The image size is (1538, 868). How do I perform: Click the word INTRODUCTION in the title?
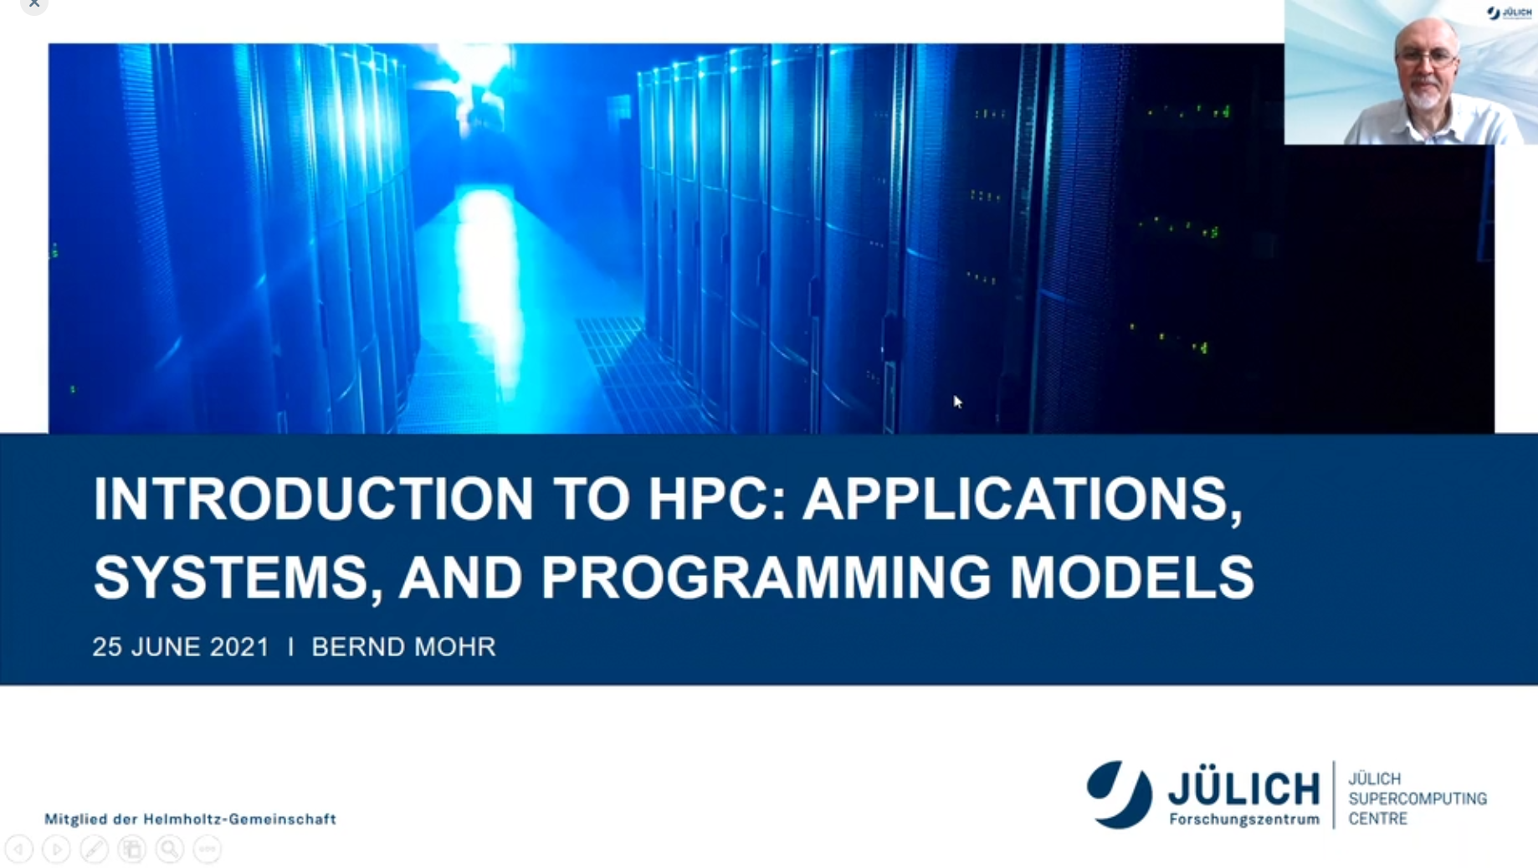click(313, 498)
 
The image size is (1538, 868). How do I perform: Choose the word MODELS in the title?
click(1132, 577)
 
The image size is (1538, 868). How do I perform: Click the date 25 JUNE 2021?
click(181, 647)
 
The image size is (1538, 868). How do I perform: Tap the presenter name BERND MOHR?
click(403, 647)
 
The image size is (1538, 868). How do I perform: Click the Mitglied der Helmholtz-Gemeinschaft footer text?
click(190, 819)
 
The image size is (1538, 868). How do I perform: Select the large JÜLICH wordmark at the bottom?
click(1243, 788)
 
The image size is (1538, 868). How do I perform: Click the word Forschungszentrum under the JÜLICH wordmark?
click(1244, 819)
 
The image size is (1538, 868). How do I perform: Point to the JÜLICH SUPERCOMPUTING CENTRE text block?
click(1418, 799)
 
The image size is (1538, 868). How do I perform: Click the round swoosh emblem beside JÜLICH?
click(1119, 794)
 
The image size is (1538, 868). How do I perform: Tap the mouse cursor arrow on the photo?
click(958, 402)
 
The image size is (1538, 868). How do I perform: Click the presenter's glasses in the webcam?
click(1426, 58)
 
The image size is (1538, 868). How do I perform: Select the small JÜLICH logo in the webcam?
click(1509, 13)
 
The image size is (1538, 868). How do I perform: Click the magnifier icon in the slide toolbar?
click(170, 849)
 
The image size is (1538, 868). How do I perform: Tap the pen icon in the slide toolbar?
click(94, 849)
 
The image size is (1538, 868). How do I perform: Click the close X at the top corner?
click(34, 4)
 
